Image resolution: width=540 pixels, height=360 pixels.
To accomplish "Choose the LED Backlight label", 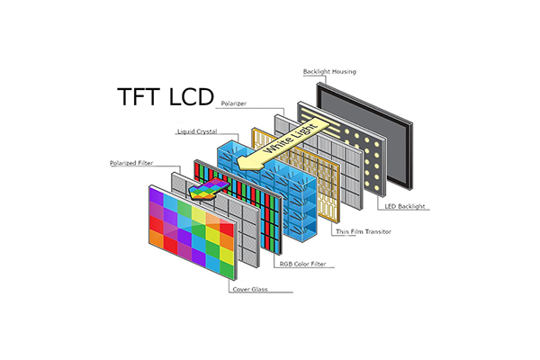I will [404, 206].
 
